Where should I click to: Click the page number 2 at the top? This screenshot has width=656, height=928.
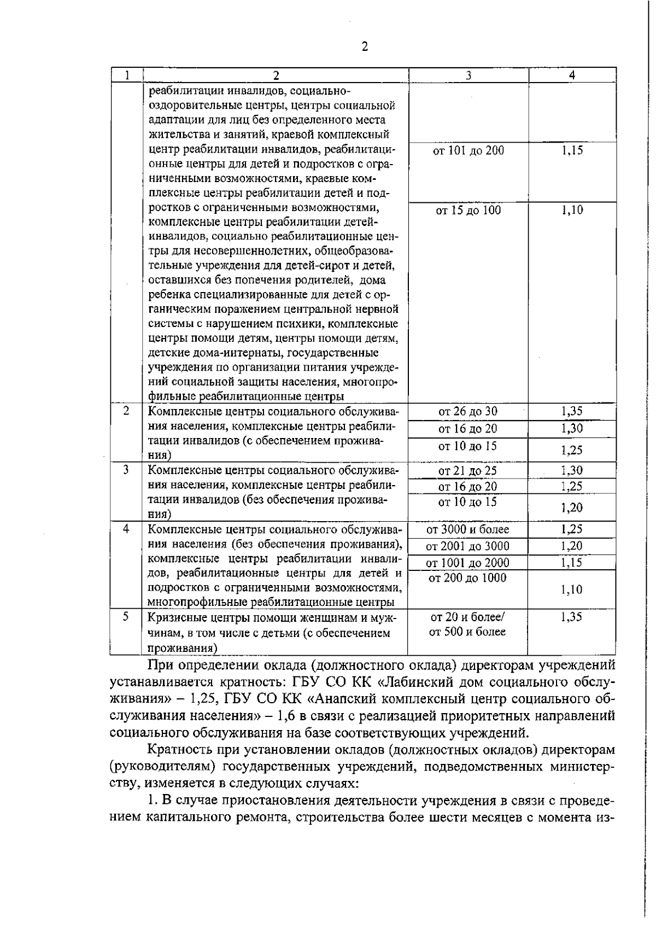(365, 46)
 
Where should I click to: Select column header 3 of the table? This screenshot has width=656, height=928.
(468, 75)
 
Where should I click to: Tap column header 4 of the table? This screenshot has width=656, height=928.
(572, 75)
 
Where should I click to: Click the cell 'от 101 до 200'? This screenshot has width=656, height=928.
(468, 150)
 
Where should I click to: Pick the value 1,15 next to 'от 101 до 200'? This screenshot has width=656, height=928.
(572, 150)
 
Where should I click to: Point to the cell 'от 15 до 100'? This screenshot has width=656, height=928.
(468, 210)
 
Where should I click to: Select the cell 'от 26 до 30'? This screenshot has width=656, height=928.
(468, 411)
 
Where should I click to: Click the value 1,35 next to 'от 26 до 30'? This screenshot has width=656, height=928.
(572, 411)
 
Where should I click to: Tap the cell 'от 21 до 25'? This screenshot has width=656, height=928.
(468, 470)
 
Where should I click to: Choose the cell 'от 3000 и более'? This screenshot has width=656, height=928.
(468, 529)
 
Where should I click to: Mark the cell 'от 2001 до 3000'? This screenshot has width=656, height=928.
(468, 546)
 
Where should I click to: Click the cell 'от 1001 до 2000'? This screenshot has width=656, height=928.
(468, 562)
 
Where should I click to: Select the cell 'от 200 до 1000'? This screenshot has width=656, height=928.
(468, 578)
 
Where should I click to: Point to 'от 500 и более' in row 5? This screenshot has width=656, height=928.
(468, 632)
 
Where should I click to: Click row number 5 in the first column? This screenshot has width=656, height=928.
(126, 616)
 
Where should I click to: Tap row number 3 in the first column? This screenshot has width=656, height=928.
(126, 469)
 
